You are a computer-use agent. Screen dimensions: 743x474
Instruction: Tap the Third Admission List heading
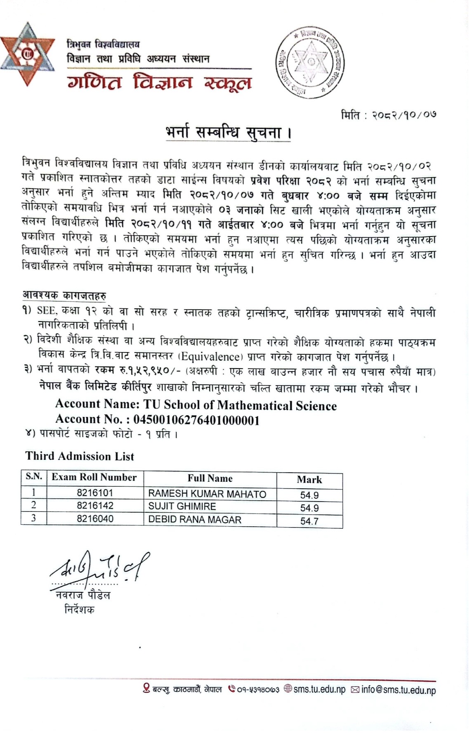click(80, 456)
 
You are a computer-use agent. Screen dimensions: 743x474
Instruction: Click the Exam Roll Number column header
click(94, 478)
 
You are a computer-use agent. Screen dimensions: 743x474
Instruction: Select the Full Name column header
click(210, 478)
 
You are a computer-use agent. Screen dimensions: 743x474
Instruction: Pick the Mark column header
click(309, 480)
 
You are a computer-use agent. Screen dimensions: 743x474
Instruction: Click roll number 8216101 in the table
click(94, 493)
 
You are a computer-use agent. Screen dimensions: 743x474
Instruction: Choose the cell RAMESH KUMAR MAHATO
click(207, 494)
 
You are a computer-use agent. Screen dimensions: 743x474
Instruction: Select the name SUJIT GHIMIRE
click(182, 506)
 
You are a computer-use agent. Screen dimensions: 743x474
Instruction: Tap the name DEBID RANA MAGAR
click(194, 520)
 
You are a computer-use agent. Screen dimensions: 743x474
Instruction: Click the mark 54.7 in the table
click(309, 521)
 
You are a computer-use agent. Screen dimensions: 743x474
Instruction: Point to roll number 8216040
click(94, 519)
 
